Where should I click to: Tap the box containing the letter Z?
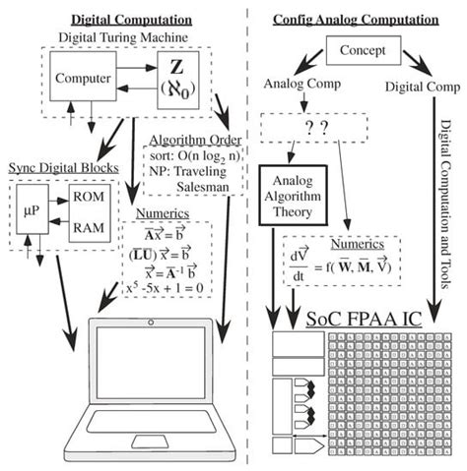click(179, 80)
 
